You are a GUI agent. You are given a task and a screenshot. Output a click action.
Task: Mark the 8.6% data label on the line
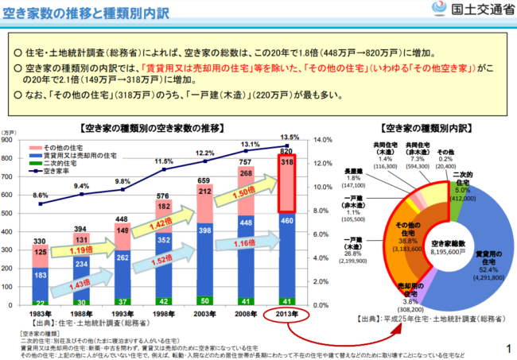pyautogui.click(x=39, y=195)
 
